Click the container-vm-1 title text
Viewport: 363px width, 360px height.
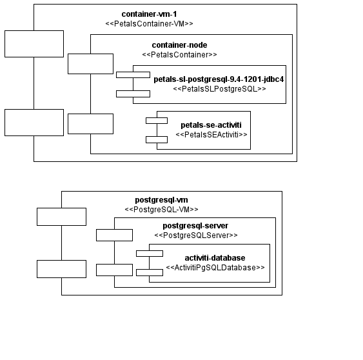149,14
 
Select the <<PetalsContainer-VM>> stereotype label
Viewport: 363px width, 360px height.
149,24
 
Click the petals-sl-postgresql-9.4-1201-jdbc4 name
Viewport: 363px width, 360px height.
219,79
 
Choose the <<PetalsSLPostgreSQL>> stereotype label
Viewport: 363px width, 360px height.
219,89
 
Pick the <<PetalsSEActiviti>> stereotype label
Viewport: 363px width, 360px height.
211,135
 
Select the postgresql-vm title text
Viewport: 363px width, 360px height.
161,199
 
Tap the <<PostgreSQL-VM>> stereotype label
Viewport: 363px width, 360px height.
161,210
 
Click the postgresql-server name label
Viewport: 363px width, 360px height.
195,225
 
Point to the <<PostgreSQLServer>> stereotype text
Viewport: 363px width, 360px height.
195,235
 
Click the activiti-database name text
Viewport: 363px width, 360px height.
215,257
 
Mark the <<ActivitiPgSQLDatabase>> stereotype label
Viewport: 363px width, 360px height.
215,267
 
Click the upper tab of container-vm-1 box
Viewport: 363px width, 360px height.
34,43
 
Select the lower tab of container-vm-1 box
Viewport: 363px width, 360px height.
34,123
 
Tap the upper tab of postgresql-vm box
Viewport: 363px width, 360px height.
61,217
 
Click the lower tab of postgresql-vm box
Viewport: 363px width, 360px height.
61,268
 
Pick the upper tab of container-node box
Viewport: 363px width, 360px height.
90,64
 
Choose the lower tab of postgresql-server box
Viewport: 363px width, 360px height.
114,269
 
